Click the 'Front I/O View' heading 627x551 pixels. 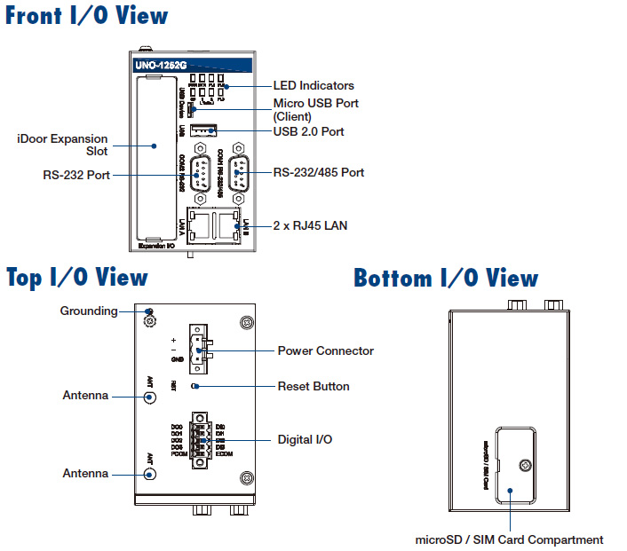pos(86,16)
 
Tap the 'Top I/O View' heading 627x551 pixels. pos(77,277)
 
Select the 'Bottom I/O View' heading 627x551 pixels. pos(445,278)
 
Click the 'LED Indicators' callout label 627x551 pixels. pos(313,86)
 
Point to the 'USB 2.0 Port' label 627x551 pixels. pos(308,132)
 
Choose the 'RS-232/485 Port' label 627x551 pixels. pos(318,172)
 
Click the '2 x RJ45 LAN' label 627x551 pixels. pos(310,226)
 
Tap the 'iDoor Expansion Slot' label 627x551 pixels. pos(62,145)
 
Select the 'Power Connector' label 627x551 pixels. pos(325,350)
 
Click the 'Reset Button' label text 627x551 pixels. pos(313,386)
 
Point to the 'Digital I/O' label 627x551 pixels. pos(306,439)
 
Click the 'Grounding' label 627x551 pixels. pos(89,311)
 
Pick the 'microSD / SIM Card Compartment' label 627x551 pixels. pos(509,539)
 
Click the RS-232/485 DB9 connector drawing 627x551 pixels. pos(237,171)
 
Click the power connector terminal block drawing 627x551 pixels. pos(202,351)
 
